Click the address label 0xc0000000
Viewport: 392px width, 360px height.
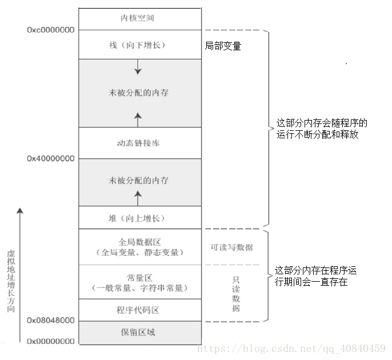tap(50, 30)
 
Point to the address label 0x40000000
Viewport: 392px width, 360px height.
tap(50, 158)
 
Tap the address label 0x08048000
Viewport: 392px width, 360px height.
tap(50, 321)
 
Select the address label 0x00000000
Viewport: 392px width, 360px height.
tap(50, 341)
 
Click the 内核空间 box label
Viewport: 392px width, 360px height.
tap(138, 18)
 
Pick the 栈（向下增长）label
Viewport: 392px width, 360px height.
tap(138, 45)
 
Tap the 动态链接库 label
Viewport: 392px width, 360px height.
tap(138, 143)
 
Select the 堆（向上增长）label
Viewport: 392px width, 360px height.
tap(138, 218)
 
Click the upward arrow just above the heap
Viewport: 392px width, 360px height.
tap(138, 198)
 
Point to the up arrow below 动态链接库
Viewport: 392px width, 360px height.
tap(138, 119)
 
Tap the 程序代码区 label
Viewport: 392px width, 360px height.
tap(138, 310)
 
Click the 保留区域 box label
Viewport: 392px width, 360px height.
tap(138, 332)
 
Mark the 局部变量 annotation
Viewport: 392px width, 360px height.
tap(223, 46)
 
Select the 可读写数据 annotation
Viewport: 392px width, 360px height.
tap(232, 247)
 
